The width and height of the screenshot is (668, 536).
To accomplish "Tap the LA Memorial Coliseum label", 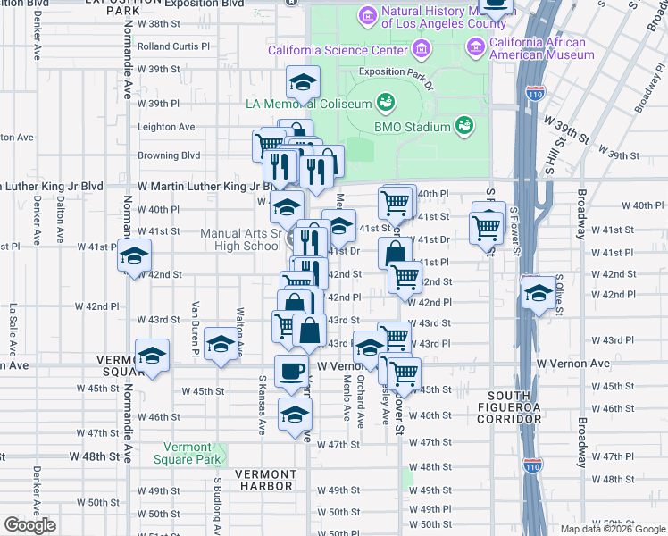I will [308, 104].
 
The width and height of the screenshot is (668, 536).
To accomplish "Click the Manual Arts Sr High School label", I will [240, 239].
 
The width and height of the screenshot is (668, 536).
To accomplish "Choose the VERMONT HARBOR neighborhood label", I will [265, 480].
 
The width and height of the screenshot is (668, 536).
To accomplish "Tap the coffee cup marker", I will [290, 370].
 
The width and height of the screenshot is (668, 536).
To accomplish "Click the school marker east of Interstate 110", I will [537, 293].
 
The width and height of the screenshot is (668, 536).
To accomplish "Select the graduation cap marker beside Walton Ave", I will [221, 343].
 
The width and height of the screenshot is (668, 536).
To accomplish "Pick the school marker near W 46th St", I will [295, 414].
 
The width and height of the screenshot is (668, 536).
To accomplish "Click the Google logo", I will [29, 525].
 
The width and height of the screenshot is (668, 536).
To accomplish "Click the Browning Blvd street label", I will [169, 155].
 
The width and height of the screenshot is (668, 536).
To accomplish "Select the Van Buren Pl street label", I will [194, 328].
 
